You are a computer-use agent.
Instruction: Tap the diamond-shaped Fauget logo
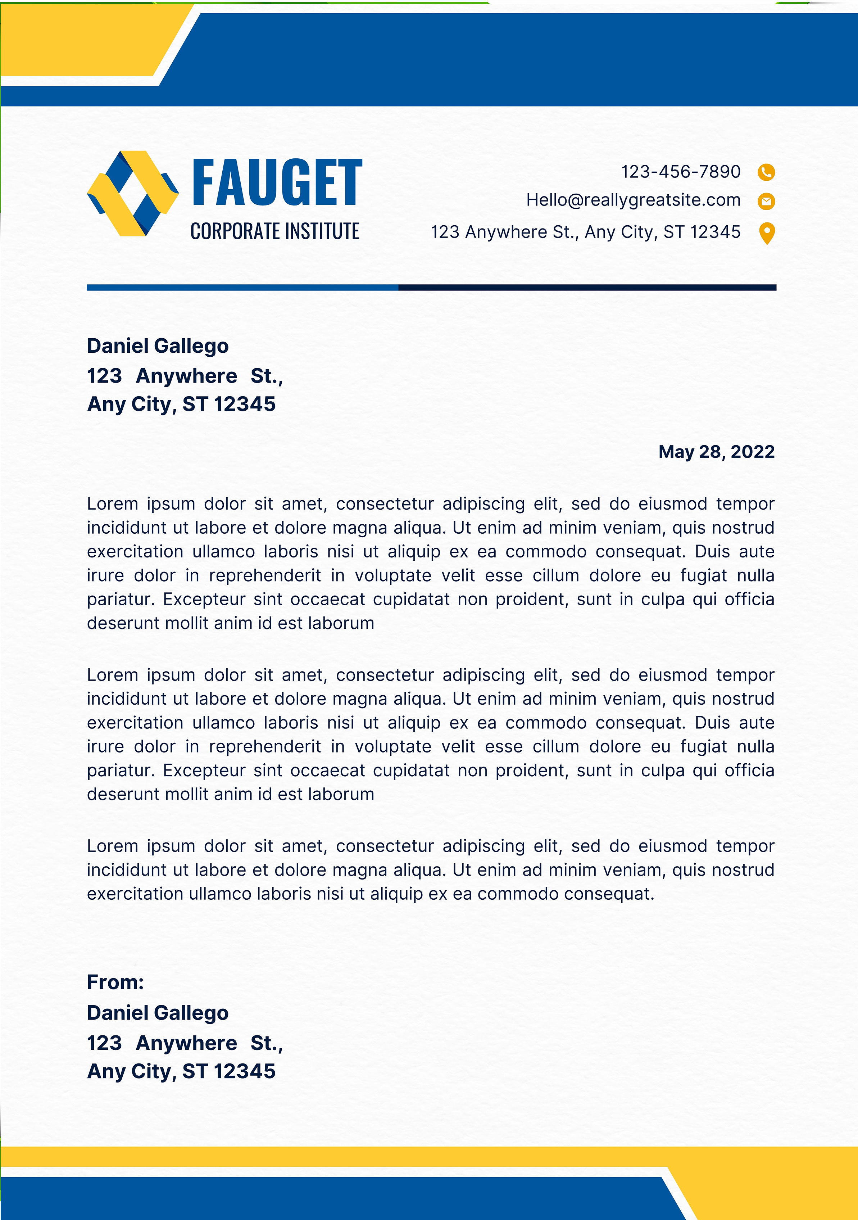(x=132, y=193)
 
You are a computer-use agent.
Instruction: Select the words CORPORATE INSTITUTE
(x=274, y=232)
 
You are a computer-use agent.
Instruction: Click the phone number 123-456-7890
(x=681, y=172)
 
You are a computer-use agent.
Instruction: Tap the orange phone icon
(x=766, y=172)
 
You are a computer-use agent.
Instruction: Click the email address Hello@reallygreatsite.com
(x=633, y=200)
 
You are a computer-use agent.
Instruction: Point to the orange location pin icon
(x=767, y=233)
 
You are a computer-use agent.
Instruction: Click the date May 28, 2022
(x=716, y=452)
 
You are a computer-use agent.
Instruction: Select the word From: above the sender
(x=115, y=982)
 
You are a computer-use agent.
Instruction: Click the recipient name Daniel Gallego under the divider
(x=158, y=346)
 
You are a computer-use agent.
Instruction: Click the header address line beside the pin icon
(x=585, y=232)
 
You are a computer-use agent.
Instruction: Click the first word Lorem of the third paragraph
(x=112, y=846)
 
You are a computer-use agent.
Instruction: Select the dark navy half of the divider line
(x=587, y=288)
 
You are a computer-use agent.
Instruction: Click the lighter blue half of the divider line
(x=242, y=288)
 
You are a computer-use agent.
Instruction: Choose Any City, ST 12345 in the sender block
(x=181, y=1072)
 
